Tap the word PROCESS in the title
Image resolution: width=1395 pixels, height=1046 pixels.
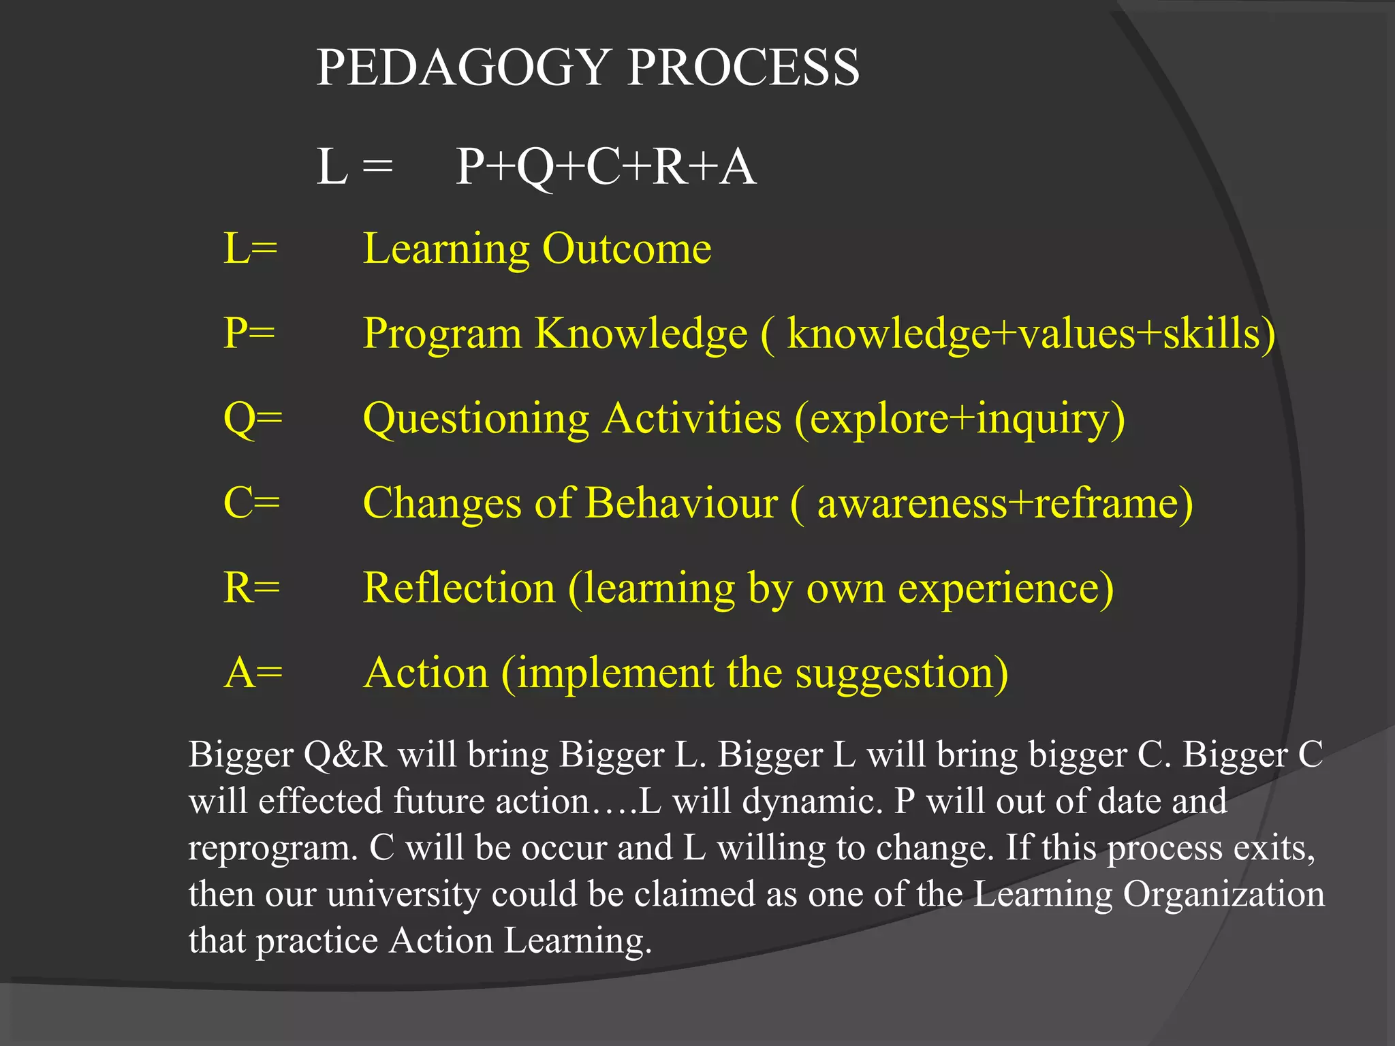(743, 68)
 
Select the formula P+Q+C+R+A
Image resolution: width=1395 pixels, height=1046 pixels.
(606, 168)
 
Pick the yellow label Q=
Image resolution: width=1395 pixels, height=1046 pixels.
(253, 419)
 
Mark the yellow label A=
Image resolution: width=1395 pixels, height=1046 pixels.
(253, 673)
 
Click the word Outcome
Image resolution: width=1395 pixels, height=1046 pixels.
(627, 249)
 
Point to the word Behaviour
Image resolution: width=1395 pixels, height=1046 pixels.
(681, 503)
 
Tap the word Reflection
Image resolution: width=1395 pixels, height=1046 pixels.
(459, 588)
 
